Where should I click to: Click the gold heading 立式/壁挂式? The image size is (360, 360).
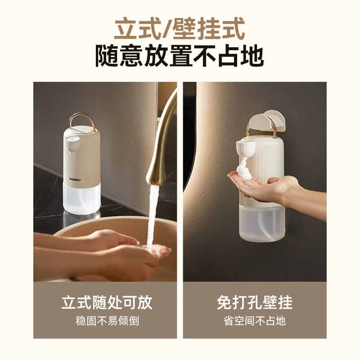[180, 28]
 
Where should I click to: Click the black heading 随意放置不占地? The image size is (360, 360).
[180, 56]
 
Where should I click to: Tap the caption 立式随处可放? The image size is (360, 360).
[107, 302]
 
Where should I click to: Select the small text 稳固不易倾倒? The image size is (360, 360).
[107, 321]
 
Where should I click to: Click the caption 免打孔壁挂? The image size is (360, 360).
[255, 302]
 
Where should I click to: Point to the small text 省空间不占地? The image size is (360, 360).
[255, 321]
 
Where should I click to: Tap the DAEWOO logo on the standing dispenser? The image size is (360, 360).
[76, 180]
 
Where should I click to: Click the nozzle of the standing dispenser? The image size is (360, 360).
[72, 144]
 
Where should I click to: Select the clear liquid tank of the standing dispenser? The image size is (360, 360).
[82, 198]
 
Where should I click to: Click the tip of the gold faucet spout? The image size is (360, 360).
[154, 183]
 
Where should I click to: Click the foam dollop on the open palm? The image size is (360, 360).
[244, 170]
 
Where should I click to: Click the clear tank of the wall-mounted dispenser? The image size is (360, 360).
[262, 223]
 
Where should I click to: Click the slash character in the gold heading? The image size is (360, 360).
[167, 28]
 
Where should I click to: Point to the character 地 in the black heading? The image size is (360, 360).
[252, 56]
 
